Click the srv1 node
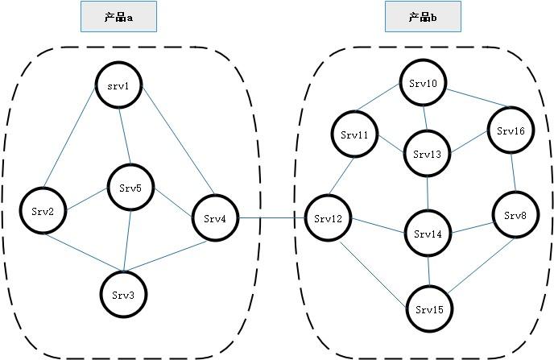(119, 86)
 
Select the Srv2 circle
(43, 211)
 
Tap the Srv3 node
(124, 294)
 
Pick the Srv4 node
(215, 217)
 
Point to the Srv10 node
(423, 83)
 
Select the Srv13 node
(428, 153)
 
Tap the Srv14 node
(428, 234)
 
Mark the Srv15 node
(428, 308)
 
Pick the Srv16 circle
(511, 130)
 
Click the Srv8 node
(515, 215)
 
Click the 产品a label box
(118, 16)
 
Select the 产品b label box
(424, 16)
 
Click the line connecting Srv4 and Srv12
(272, 217)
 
